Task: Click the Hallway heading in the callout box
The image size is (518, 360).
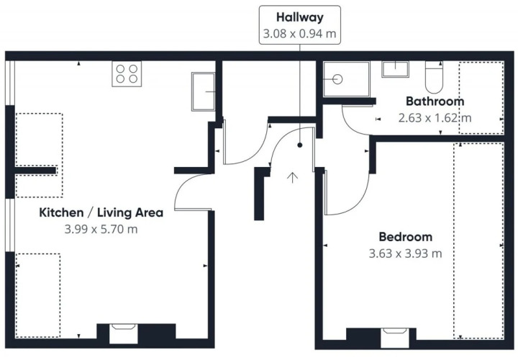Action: pos(299,17)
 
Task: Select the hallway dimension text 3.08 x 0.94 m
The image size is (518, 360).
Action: pos(299,33)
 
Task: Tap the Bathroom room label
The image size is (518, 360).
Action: pos(435,101)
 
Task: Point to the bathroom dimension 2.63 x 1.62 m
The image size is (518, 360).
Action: pos(435,117)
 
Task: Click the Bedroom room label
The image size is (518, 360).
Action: pos(405,237)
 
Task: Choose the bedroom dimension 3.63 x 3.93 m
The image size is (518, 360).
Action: pos(405,253)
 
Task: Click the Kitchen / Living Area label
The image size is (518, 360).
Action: pos(101,212)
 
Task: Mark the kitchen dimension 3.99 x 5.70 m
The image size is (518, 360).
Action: pos(101,229)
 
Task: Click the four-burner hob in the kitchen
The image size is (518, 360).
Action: pos(127,74)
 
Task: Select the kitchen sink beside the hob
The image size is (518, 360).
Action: pos(203,91)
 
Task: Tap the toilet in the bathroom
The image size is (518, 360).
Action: pos(434,77)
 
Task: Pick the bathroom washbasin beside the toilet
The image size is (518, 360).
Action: pos(395,69)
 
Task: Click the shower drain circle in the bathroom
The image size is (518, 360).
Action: pos(337,79)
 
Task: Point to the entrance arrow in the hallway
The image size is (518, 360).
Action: pos(292,178)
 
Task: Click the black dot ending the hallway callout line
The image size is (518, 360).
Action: pos(299,145)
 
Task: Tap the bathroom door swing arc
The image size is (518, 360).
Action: pos(347,127)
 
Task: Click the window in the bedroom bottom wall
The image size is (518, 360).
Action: pos(395,338)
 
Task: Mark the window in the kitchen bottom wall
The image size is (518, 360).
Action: pos(123,334)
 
